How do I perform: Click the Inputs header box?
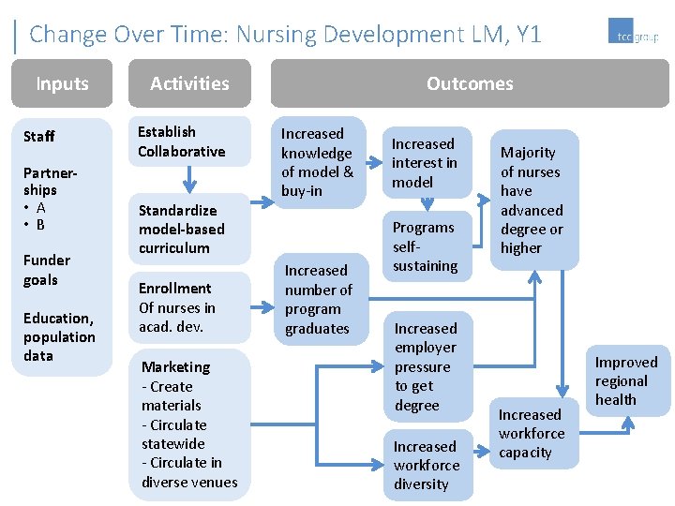click(62, 83)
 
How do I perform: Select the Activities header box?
click(189, 83)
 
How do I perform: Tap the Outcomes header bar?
click(470, 83)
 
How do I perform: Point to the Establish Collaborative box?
click(189, 141)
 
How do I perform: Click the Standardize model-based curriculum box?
click(189, 229)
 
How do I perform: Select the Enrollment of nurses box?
click(189, 307)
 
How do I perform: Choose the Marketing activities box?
click(189, 424)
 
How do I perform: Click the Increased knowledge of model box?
click(317, 162)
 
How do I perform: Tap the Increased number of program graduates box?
click(318, 299)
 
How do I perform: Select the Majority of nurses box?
click(532, 200)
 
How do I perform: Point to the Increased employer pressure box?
click(426, 366)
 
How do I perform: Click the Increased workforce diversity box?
click(426, 465)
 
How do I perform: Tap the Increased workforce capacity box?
click(531, 433)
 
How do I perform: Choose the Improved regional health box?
click(626, 380)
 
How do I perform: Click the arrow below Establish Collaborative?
click(189, 178)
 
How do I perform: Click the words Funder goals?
click(47, 270)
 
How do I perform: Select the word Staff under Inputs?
click(39, 137)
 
